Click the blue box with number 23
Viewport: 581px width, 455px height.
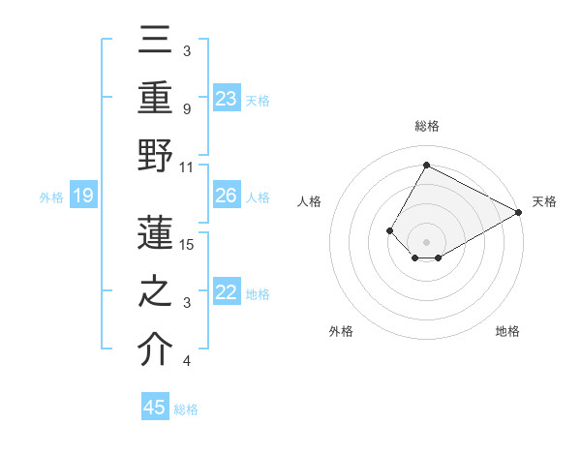click(227, 99)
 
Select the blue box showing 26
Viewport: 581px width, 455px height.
click(227, 197)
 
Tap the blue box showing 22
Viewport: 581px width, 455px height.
click(227, 293)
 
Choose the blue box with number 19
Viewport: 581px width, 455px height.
click(83, 197)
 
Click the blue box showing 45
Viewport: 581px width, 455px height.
click(155, 408)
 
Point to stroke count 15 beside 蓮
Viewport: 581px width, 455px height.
click(188, 244)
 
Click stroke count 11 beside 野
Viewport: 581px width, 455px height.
click(187, 167)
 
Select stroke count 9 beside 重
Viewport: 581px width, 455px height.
click(187, 108)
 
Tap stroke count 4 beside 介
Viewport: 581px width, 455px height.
click(187, 361)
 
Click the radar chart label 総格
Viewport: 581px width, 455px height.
click(426, 126)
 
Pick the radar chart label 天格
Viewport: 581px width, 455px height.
click(544, 201)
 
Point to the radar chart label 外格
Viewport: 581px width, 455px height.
click(341, 331)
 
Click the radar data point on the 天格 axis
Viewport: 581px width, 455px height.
click(519, 212)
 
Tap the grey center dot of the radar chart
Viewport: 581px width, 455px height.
click(426, 241)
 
